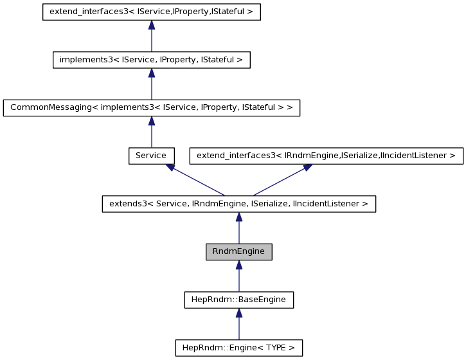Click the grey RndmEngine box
238,252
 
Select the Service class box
151,156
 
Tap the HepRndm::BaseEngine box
238,300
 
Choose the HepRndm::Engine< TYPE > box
238,348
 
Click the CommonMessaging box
151,108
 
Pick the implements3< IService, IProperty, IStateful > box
151,60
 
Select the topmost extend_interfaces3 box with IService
151,12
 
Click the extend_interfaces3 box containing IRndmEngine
326,156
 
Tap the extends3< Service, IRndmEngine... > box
238,204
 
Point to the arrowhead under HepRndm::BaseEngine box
238,313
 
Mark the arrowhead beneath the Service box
170,167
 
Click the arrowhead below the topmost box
151,25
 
